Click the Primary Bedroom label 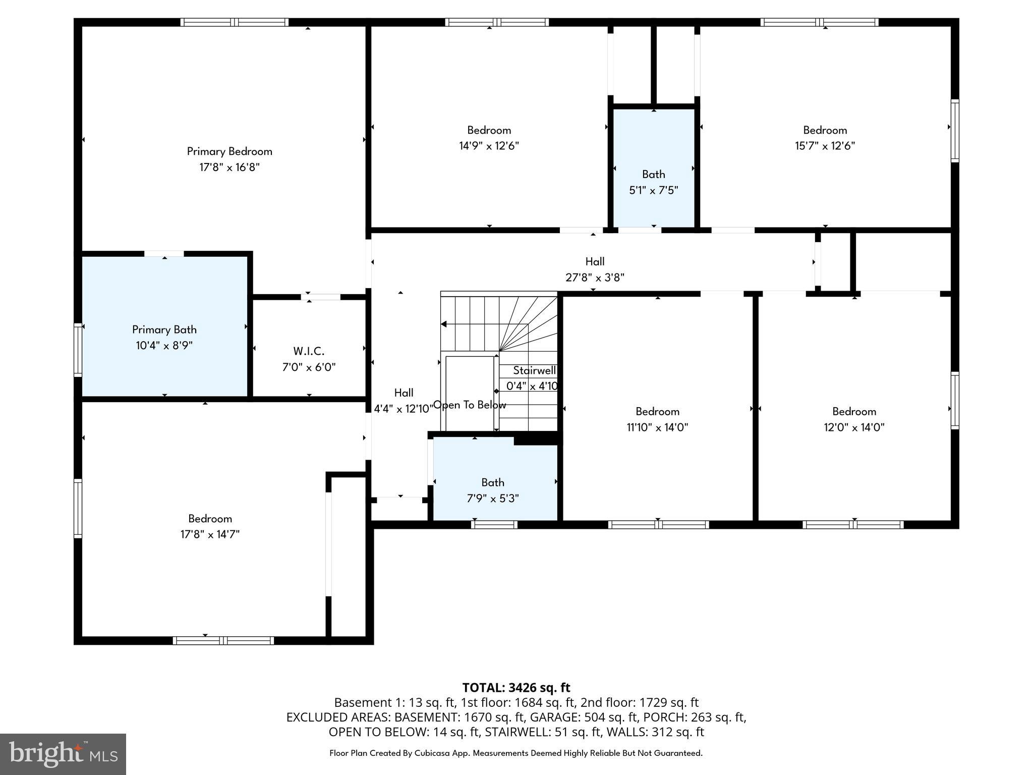229,151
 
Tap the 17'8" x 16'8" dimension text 229,167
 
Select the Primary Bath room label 164,329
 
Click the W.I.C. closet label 309,351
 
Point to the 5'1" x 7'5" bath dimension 654,190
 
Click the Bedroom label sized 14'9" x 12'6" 489,130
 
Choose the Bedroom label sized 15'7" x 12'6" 825,130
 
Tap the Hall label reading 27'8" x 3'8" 595,261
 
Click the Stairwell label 534,370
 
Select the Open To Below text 470,405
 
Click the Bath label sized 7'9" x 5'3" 493,482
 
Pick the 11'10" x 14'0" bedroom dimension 657,427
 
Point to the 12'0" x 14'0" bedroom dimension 854,427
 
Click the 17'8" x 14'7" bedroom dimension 210,534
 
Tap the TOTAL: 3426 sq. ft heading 516,687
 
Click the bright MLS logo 63,754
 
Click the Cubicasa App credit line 516,753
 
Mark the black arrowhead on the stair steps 444,324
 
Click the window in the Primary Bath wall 78,350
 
